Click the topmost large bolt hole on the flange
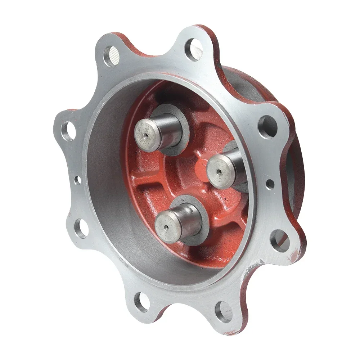[x=193, y=49]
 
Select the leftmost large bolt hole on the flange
[x=69, y=131]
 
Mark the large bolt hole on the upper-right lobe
[x=267, y=127]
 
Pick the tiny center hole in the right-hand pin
[x=220, y=172]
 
